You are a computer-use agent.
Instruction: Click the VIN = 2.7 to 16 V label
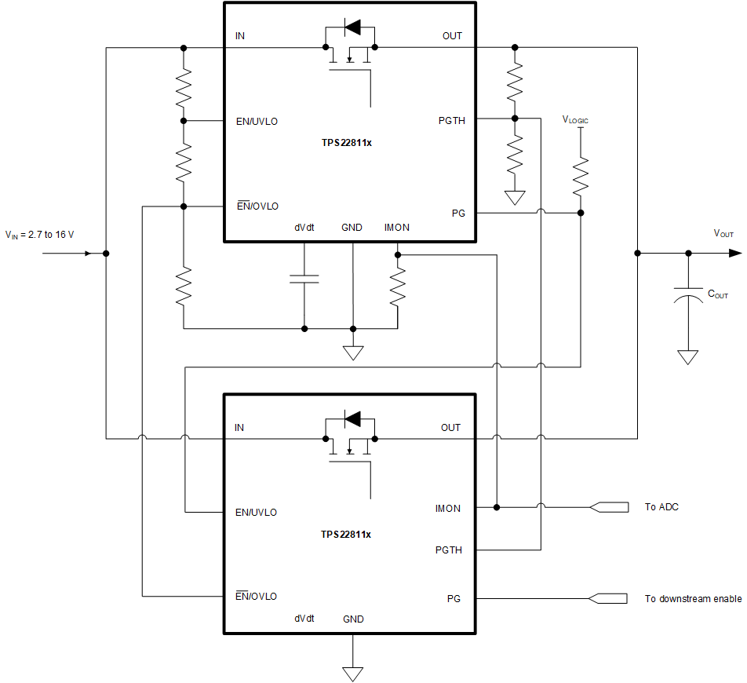click(x=39, y=234)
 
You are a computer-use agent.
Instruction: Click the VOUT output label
click(x=723, y=234)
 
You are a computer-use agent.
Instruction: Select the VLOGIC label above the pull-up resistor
click(x=575, y=120)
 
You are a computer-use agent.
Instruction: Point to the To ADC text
click(x=661, y=507)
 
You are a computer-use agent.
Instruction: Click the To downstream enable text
click(x=693, y=599)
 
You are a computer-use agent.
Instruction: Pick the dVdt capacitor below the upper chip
click(x=304, y=278)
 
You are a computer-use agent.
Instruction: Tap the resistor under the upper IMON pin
click(x=398, y=287)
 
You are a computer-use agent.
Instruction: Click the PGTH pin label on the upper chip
click(x=452, y=121)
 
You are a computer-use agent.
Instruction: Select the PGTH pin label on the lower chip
click(x=449, y=550)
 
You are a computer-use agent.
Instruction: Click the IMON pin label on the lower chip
click(x=448, y=509)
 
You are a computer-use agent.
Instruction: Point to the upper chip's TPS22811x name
click(x=346, y=143)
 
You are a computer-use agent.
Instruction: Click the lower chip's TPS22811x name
click(x=346, y=535)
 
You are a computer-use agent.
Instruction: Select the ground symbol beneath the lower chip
click(x=353, y=673)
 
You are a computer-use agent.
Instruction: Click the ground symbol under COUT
click(x=688, y=357)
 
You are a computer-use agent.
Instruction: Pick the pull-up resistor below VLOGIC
click(x=581, y=177)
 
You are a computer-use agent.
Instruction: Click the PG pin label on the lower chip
click(x=454, y=599)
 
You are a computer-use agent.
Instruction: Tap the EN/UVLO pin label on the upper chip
click(x=257, y=122)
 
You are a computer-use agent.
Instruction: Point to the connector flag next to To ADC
click(x=609, y=507)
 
